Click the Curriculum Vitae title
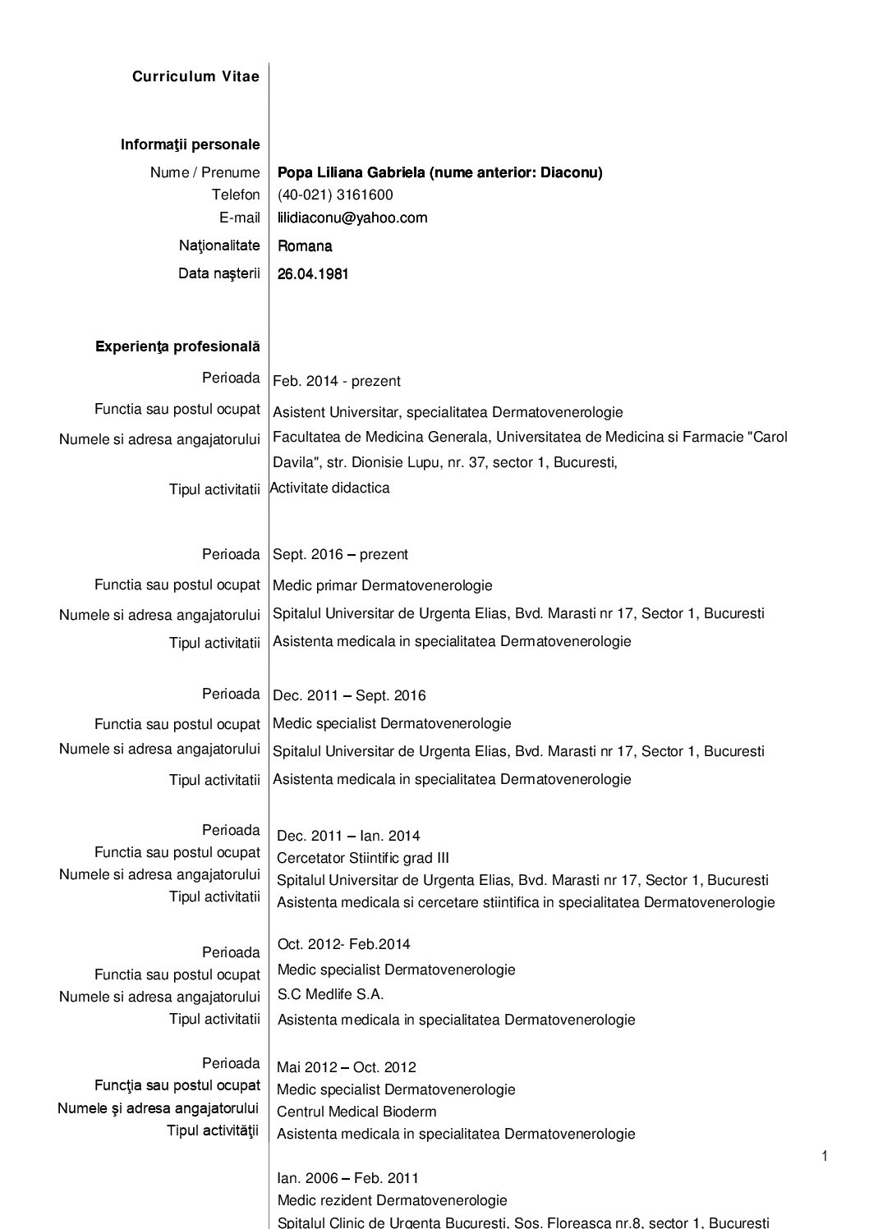coord(195,76)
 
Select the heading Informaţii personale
coord(190,144)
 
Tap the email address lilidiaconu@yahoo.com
coord(352,218)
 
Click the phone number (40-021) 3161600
coord(335,195)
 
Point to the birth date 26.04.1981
coord(313,274)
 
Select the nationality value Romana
coord(305,246)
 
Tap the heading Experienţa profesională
coord(177,346)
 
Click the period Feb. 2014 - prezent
coord(337,381)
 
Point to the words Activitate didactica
coord(330,488)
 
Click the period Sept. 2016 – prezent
coord(340,554)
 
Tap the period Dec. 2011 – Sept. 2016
coord(349,695)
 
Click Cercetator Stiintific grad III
coord(363,858)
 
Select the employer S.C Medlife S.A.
coord(330,994)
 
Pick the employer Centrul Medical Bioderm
coord(356,1112)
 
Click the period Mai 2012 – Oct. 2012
coord(347,1067)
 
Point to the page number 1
coord(824,1157)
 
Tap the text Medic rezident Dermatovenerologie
coord(392,1200)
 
